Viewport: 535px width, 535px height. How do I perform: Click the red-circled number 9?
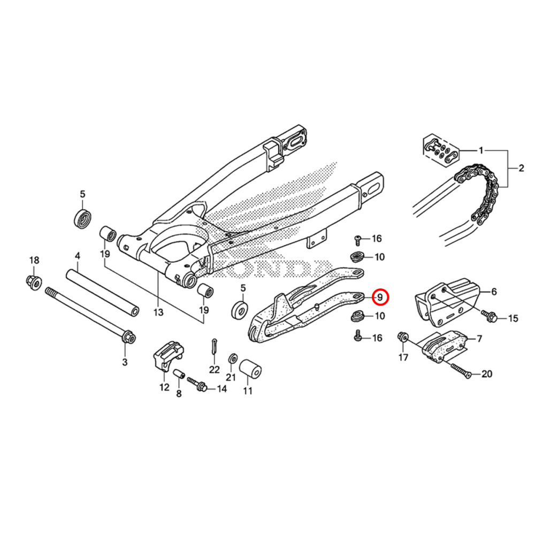[x=379, y=296]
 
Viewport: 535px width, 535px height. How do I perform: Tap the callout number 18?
[x=34, y=260]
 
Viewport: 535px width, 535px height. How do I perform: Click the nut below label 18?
[x=33, y=280]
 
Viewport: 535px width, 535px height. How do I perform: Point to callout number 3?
[x=125, y=362]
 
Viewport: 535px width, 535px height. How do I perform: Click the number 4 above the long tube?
[x=78, y=256]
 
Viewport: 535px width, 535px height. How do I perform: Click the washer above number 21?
[x=233, y=358]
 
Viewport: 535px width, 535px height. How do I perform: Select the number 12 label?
[x=164, y=387]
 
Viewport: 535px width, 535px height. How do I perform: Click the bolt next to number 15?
[x=490, y=316]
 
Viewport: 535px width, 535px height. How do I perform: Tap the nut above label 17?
[x=402, y=337]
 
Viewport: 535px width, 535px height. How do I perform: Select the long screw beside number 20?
[x=460, y=370]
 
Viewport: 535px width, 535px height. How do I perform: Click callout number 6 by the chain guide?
[x=494, y=292]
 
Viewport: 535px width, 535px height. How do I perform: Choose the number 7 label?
[x=479, y=339]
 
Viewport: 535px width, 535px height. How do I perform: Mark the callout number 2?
[x=521, y=169]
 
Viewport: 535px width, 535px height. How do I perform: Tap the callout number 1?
[x=480, y=150]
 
